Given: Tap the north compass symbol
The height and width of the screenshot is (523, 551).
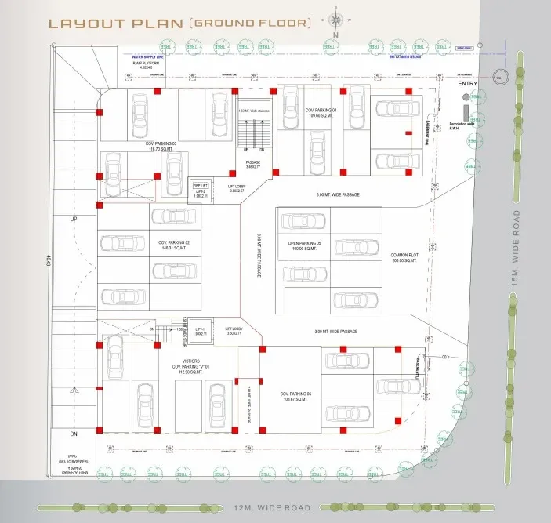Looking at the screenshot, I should click(x=335, y=22).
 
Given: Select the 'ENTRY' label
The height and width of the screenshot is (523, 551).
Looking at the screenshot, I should click(x=467, y=83).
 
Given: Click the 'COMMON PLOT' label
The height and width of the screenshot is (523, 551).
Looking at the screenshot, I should click(x=406, y=259).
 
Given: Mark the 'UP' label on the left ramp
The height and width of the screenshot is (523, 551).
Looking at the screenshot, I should click(x=74, y=219).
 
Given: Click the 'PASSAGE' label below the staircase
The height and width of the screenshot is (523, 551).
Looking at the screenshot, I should click(x=252, y=163).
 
